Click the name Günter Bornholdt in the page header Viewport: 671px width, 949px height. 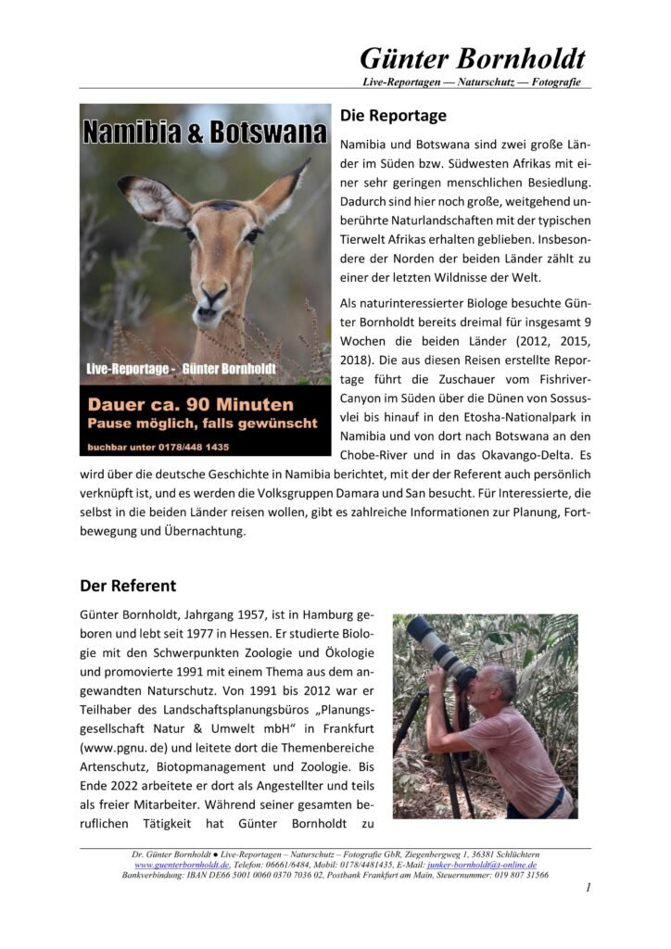click(472, 58)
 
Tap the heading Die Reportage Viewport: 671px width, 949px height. click(393, 116)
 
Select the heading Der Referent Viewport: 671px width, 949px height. click(127, 586)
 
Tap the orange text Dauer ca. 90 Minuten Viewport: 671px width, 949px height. click(190, 405)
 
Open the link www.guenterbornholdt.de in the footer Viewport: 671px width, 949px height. click(182, 864)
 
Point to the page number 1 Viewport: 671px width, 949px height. click(588, 889)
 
